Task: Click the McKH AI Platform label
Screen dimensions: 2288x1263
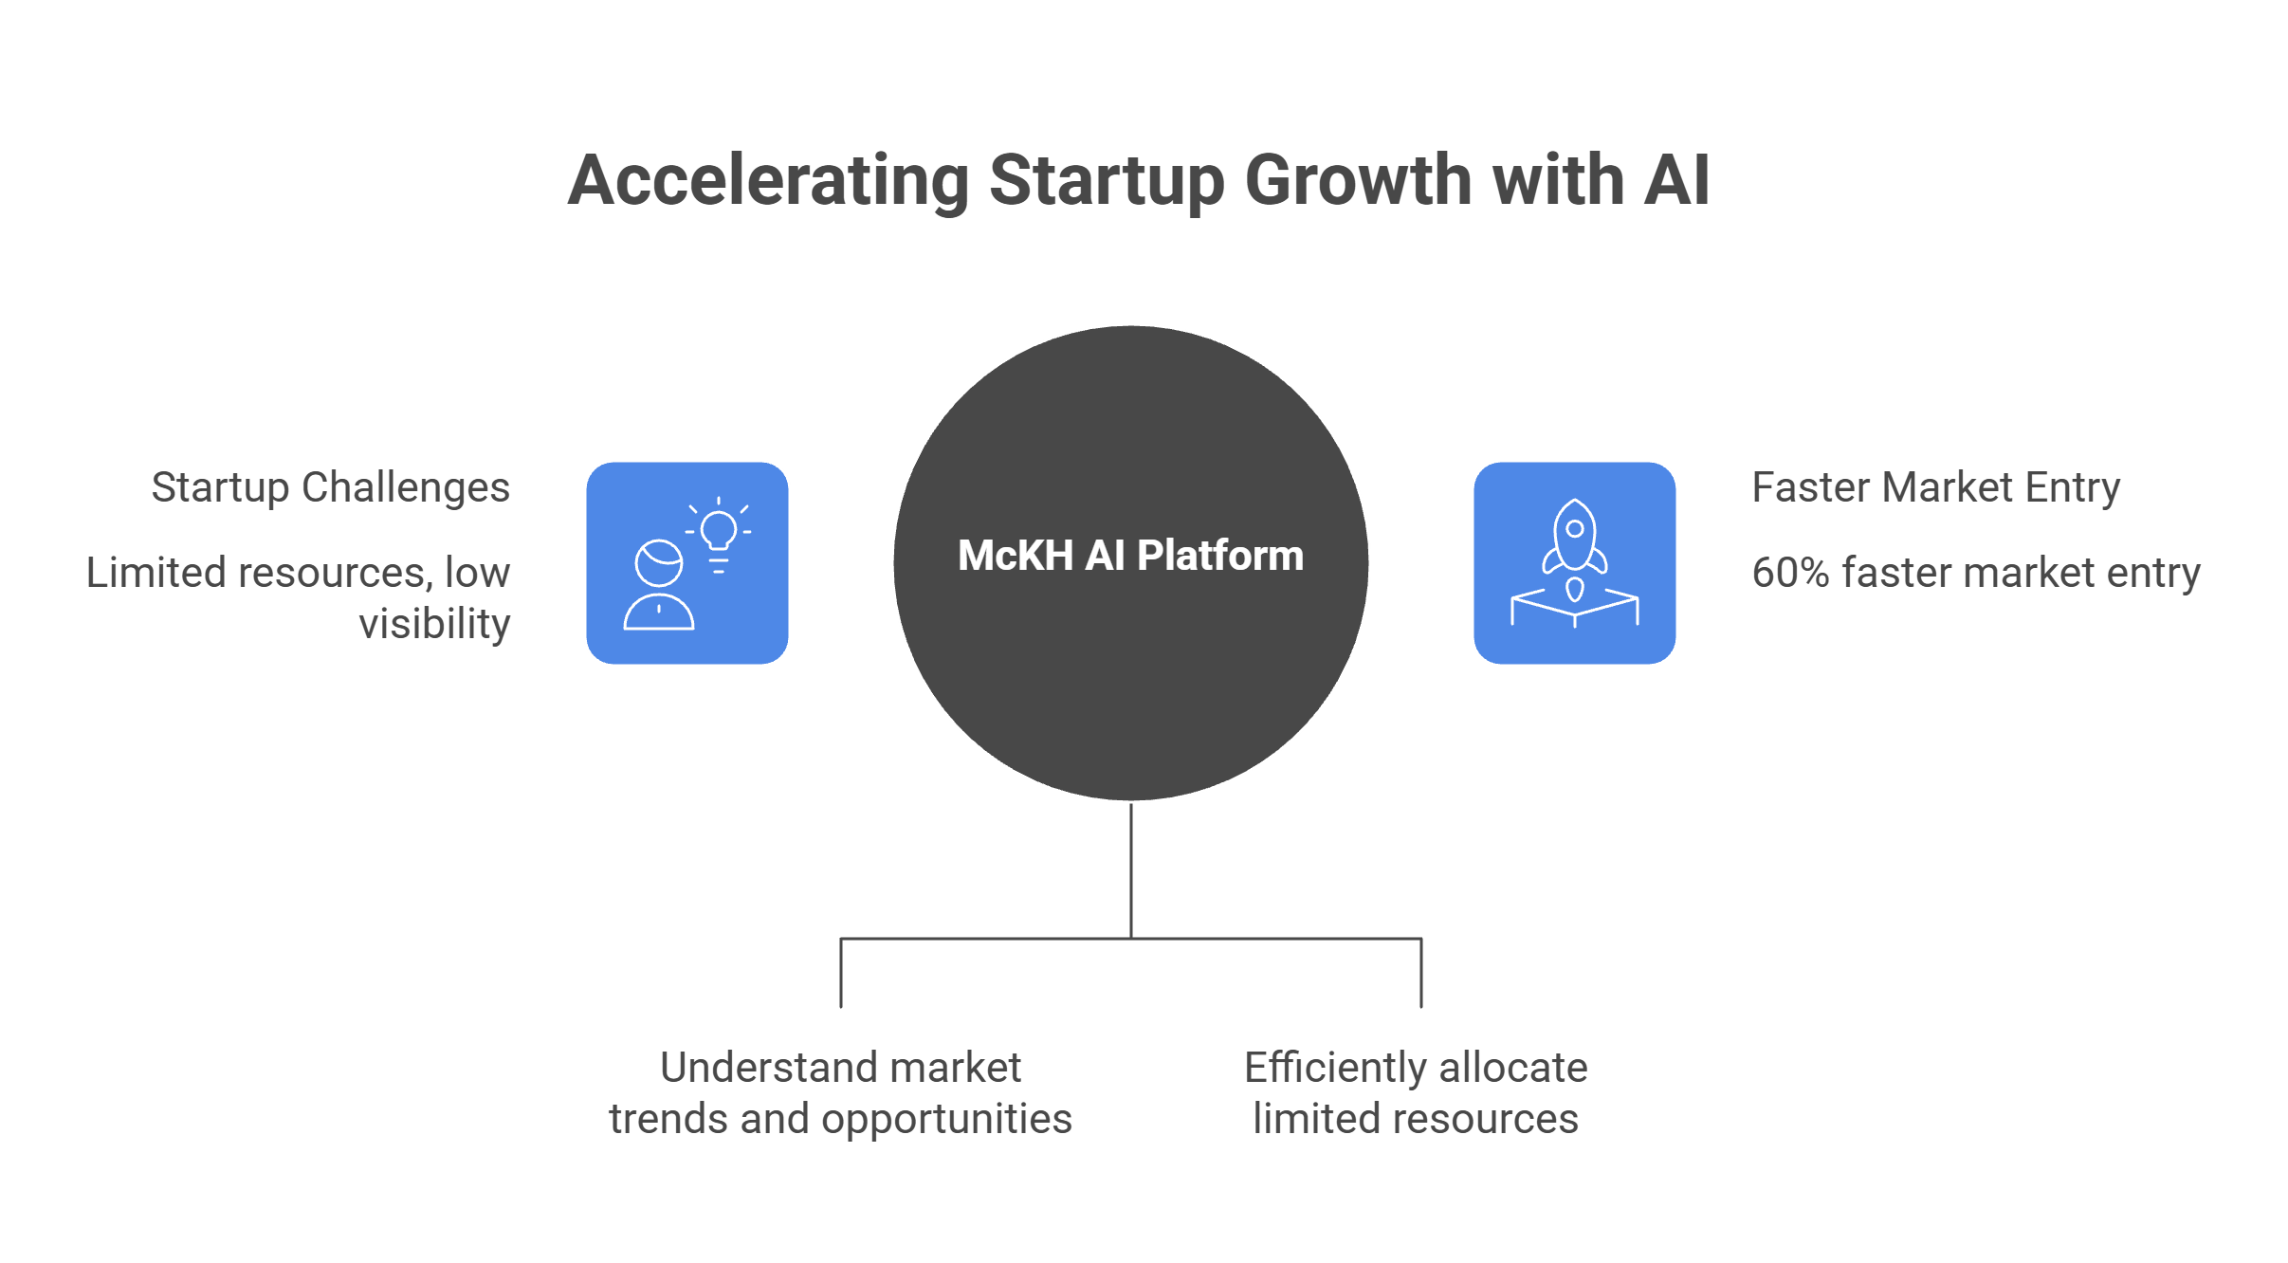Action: coord(1130,556)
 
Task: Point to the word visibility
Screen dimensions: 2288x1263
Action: coord(434,624)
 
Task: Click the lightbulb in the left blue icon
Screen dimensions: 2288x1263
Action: coord(719,534)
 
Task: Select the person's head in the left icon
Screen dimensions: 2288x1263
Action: coord(659,564)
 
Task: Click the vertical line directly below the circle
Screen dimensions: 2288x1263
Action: coord(1131,870)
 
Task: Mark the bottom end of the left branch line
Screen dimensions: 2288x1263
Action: coord(841,1007)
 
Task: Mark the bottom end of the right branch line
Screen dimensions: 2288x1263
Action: coord(1421,1007)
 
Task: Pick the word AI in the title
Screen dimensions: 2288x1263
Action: coord(1677,179)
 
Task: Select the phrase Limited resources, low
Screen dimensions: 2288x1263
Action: coord(299,574)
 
